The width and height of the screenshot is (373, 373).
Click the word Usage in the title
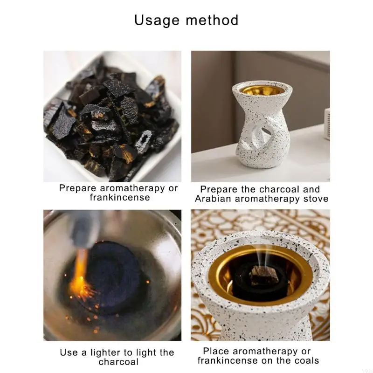(157, 21)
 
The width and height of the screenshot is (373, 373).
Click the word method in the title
(212, 20)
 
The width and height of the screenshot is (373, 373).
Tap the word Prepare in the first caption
(78, 188)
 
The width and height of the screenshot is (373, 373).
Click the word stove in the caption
(316, 199)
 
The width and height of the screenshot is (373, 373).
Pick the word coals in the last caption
(307, 360)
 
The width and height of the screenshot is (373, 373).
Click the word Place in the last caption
(216, 351)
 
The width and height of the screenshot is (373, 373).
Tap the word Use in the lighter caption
(69, 352)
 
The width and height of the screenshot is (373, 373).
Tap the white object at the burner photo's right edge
(327, 124)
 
